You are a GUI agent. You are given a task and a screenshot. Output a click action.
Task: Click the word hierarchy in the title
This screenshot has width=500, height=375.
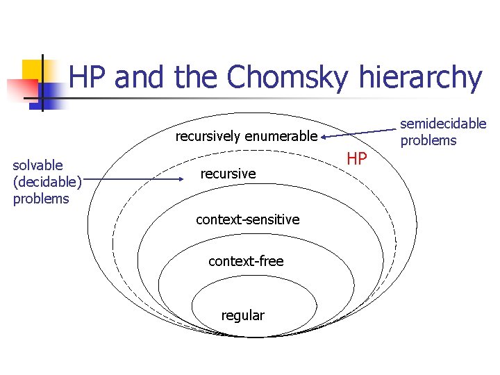421,78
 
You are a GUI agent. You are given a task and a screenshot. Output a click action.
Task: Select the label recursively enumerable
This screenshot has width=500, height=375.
246,136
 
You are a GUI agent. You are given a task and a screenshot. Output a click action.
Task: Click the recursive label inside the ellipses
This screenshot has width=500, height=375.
228,173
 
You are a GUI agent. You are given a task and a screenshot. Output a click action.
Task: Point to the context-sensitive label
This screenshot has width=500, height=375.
247,219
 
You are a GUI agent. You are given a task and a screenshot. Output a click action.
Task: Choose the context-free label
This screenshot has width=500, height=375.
246,261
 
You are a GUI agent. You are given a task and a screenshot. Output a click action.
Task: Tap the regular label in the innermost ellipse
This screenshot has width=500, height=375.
242,315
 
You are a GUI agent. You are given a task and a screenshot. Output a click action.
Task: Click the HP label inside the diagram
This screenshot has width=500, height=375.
356,159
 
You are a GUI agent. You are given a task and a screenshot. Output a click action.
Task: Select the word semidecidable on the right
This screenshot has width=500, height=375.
443,124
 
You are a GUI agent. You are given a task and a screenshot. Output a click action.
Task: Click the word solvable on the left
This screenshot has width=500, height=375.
37,165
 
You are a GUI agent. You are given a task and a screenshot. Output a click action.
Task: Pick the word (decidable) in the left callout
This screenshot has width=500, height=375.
47,182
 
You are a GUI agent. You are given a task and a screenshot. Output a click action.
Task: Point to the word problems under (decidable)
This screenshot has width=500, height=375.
41,199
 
